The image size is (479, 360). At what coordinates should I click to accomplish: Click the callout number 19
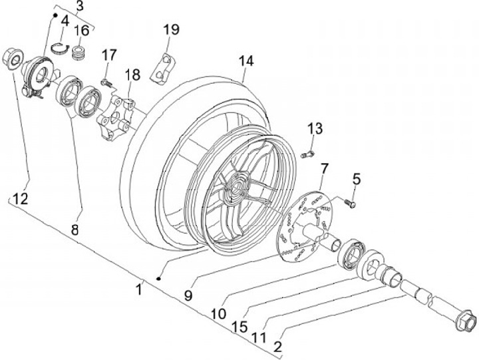point(171,30)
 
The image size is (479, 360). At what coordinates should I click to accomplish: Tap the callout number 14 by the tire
point(246,61)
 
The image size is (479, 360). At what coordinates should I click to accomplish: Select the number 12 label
point(21,199)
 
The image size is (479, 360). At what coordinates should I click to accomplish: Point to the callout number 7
point(324,169)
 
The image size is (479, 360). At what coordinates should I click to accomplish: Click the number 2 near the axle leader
point(277,347)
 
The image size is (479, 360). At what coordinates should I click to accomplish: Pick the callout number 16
point(82,31)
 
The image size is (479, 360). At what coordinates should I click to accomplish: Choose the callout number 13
point(315,128)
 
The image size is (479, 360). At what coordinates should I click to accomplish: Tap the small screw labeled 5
point(350,203)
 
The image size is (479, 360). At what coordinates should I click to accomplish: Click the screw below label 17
point(106,83)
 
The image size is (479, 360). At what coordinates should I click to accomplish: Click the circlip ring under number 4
point(61,48)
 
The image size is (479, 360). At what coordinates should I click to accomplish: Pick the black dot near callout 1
point(158,278)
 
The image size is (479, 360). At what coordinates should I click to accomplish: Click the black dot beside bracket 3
point(55,15)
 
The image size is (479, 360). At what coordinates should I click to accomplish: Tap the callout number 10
point(219,313)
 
